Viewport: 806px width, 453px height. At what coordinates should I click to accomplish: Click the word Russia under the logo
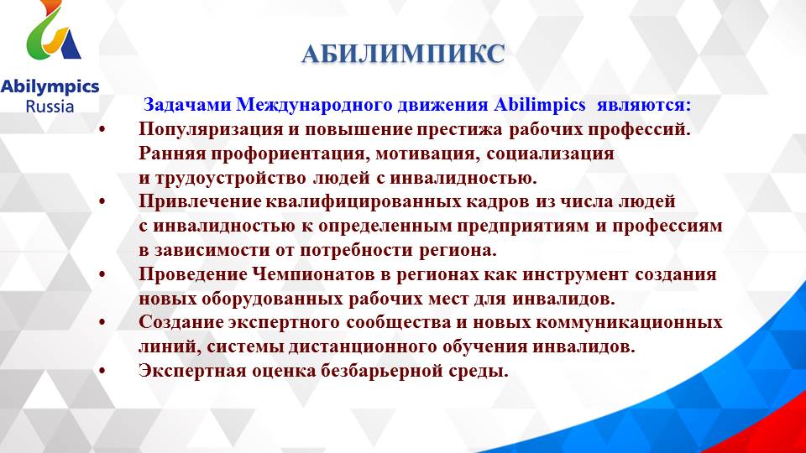point(50,107)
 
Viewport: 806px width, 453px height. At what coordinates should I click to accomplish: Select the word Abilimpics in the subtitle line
point(540,106)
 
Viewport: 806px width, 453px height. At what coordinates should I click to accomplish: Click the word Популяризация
point(199,130)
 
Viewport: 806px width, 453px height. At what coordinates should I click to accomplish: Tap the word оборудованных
point(264,299)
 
